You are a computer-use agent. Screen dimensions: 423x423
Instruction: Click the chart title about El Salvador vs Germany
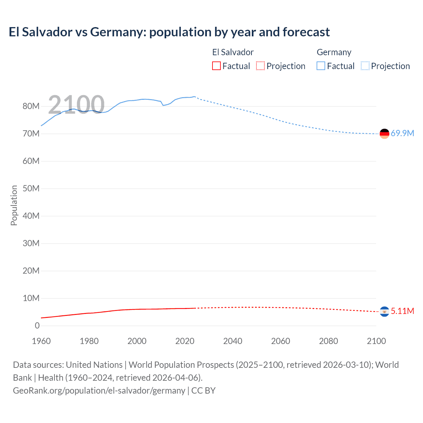tap(169, 32)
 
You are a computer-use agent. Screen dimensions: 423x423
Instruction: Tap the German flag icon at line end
tap(384, 134)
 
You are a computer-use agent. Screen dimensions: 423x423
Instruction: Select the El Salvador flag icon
tap(384, 311)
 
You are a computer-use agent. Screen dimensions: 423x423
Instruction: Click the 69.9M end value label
tap(402, 133)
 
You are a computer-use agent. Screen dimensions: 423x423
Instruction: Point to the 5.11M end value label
tap(402, 311)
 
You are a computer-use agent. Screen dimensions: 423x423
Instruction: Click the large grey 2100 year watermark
tap(76, 105)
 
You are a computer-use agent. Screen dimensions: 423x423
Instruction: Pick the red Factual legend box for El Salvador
tap(216, 66)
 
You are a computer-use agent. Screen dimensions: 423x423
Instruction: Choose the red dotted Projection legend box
tap(260, 66)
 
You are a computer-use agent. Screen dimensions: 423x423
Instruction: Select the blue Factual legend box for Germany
tap(321, 66)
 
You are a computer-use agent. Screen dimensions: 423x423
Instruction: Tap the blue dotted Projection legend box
tap(365, 66)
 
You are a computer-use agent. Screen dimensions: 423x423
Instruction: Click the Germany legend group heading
tap(334, 52)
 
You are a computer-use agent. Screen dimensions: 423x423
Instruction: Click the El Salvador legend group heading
tap(233, 52)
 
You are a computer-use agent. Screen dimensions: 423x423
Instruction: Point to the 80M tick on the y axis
tap(31, 106)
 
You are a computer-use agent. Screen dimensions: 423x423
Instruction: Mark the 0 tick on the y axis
tap(37, 326)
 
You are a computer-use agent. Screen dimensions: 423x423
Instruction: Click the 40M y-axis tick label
tap(31, 216)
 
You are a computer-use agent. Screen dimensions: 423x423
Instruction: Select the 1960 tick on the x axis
tap(41, 341)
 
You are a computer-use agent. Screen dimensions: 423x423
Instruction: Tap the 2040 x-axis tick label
tap(233, 341)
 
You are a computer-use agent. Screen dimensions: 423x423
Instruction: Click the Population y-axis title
tap(14, 205)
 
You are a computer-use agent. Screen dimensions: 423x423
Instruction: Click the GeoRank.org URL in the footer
tap(99, 391)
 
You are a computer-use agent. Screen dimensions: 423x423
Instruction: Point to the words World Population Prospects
tap(181, 365)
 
